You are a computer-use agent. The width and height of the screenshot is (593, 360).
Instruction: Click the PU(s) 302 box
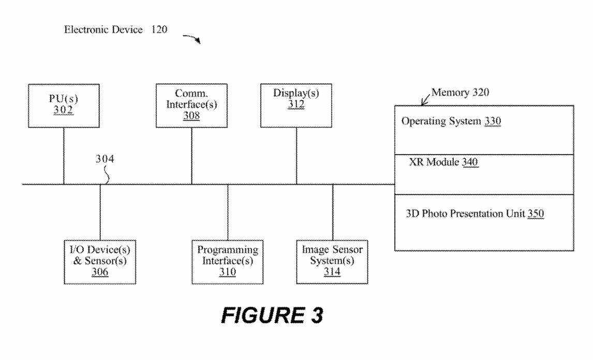click(64, 107)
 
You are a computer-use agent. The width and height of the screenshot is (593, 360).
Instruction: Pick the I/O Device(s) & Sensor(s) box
click(99, 261)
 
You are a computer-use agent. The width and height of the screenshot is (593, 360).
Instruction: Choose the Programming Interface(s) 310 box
click(228, 261)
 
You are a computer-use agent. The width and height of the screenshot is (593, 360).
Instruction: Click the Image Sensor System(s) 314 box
click(332, 261)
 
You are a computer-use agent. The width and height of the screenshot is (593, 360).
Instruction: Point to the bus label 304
click(105, 159)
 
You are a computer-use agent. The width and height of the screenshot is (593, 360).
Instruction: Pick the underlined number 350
click(536, 213)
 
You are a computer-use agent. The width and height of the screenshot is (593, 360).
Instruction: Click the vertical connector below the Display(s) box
click(297, 155)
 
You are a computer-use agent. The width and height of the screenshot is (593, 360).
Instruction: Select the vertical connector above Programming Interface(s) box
click(228, 212)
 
